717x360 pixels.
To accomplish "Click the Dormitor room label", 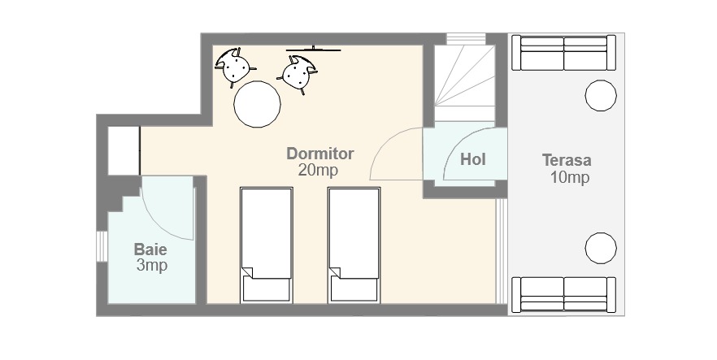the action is (320, 154).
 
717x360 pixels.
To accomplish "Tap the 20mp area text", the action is (319, 170).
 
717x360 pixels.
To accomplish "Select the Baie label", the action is (150, 250).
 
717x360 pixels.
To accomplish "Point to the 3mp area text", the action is (152, 266).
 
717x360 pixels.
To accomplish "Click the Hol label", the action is (473, 159).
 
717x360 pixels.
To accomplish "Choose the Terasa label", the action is (567, 160).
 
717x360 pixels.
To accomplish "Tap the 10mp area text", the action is (569, 177).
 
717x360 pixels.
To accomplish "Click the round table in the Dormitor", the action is (257, 104).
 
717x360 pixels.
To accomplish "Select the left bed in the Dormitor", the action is (266, 245).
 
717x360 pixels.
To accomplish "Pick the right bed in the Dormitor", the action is (354, 245).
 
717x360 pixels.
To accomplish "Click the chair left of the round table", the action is (234, 66).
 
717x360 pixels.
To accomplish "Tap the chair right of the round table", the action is (298, 73).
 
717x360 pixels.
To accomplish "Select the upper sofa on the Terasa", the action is (564, 53).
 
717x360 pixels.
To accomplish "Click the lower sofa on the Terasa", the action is (564, 295).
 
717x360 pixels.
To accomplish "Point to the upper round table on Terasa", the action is (601, 96).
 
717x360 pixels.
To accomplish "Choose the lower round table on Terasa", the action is (601, 248).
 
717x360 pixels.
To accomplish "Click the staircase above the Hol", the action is (464, 82).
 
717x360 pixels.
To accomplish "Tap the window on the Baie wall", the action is (102, 247).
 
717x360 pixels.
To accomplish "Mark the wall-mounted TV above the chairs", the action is (314, 49).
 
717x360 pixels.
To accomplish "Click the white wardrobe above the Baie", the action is (124, 150).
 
